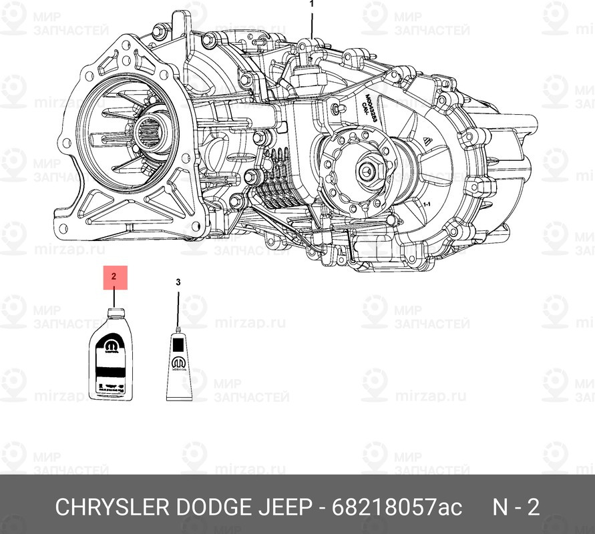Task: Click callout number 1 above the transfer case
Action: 311,4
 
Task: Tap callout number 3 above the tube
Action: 178,282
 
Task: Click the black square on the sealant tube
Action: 178,344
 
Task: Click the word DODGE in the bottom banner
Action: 213,508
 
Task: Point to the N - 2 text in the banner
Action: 516,508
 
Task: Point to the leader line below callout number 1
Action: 311,23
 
